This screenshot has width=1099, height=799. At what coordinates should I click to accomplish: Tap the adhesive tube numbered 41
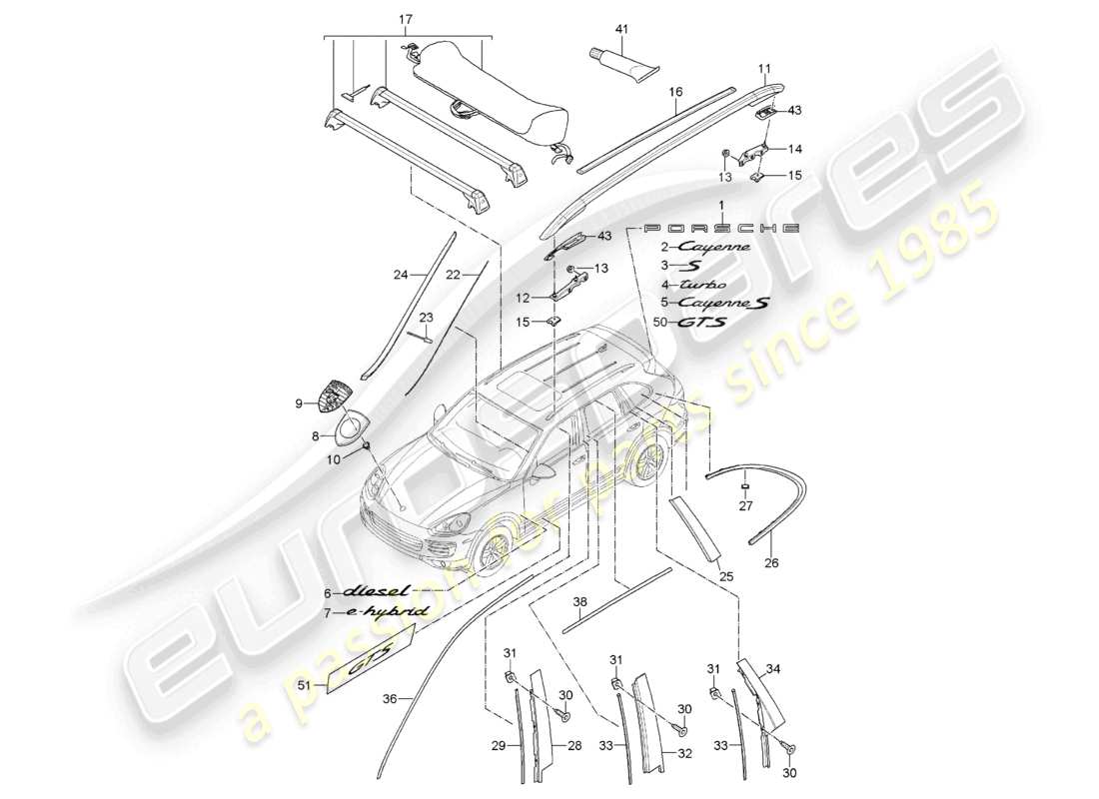(x=621, y=64)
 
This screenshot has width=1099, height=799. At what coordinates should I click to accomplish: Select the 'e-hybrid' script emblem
(x=389, y=610)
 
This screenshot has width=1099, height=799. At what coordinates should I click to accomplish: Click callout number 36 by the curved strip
(x=389, y=699)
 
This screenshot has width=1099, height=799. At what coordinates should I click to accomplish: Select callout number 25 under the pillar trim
(x=726, y=577)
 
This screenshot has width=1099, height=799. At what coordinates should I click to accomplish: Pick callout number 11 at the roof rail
(x=763, y=69)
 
